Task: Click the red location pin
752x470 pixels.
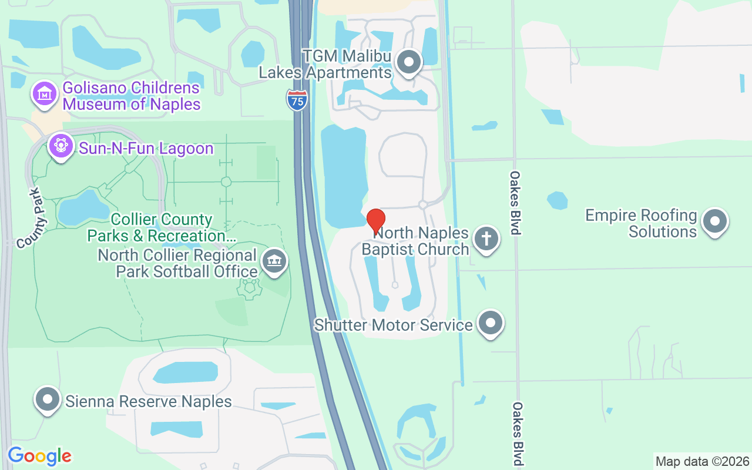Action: pos(375,220)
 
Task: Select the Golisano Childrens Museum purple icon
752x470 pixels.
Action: pos(45,94)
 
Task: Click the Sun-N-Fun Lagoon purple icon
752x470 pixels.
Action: pos(61,145)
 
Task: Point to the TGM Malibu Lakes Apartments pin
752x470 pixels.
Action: pos(409,62)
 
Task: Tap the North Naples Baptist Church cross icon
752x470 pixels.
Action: pos(486,239)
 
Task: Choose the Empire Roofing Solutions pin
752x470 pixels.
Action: pos(714,221)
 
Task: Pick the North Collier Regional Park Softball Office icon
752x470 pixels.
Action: pos(274,261)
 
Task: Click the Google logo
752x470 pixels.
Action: pos(39,456)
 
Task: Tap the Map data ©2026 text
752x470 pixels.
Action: pos(702,461)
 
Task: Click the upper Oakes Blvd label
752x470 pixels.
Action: pos(515,203)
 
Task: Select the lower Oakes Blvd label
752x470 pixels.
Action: pos(517,434)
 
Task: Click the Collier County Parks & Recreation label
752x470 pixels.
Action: pos(162,228)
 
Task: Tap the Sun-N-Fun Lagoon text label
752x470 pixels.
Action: pos(146,149)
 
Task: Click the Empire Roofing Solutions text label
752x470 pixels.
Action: pos(641,223)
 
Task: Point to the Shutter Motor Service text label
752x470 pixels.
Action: pos(393,325)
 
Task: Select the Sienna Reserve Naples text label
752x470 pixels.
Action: pos(149,402)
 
